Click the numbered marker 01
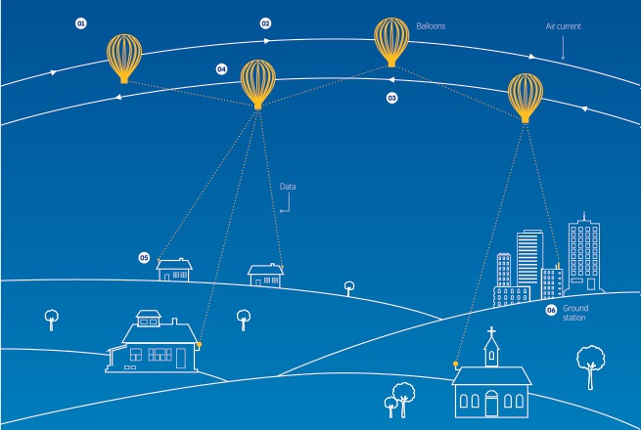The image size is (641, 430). [x=81, y=23]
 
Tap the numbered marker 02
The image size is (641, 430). [x=265, y=23]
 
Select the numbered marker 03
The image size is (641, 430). [x=391, y=98]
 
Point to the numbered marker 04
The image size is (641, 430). [x=221, y=69]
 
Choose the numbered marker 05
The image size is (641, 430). [x=144, y=258]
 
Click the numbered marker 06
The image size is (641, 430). [x=551, y=311]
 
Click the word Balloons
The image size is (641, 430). [x=431, y=26]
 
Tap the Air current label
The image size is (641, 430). [x=563, y=26]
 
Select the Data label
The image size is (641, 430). [x=288, y=187]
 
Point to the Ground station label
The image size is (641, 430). [x=575, y=313]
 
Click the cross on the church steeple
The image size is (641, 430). [x=491, y=331]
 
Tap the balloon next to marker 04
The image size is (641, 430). [x=258, y=84]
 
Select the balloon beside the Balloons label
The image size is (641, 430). [x=391, y=42]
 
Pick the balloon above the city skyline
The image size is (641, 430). [x=526, y=98]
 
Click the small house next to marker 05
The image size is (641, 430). [x=174, y=270]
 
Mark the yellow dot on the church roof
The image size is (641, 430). [x=455, y=364]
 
